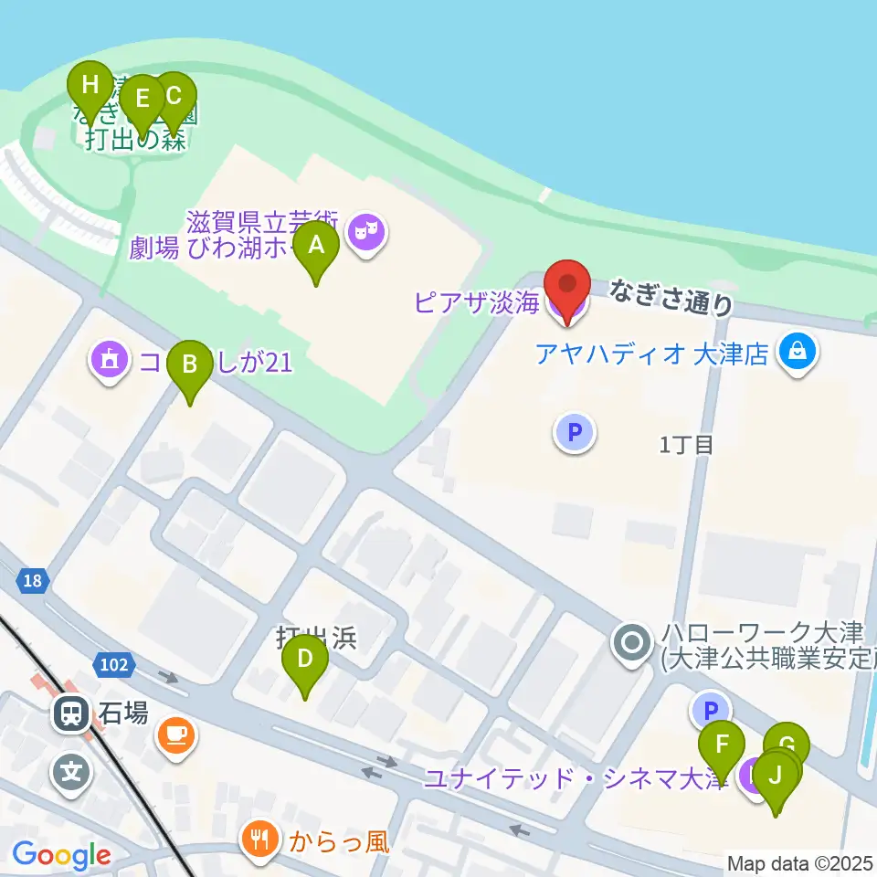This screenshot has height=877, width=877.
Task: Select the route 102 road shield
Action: tap(114, 665)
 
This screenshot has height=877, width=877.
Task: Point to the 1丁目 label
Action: tap(685, 445)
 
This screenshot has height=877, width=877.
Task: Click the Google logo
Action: tap(62, 856)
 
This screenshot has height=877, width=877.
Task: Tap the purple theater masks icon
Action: tap(366, 232)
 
